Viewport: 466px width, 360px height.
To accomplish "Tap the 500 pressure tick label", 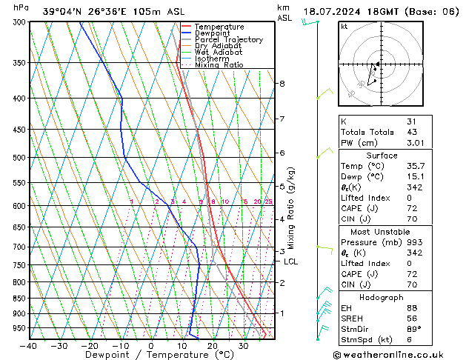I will click(20, 158).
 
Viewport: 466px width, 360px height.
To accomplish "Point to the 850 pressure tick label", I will click(20, 299).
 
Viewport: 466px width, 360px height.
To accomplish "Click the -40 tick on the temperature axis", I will click(29, 346).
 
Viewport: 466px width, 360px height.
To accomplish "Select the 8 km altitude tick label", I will click(282, 84).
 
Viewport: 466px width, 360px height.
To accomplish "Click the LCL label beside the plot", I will click(291, 261).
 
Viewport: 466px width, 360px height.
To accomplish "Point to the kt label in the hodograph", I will click(344, 27).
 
